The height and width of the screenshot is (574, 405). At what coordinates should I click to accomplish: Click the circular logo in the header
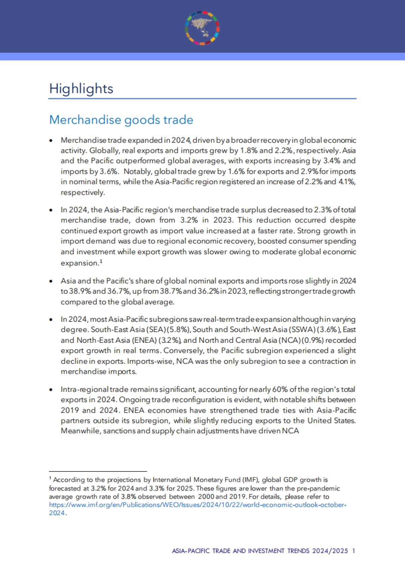(202, 28)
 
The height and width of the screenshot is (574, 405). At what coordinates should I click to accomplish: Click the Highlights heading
(81, 89)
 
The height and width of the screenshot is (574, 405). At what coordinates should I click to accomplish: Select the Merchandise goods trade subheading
(121, 120)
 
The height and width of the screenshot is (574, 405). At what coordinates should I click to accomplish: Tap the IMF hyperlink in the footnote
(197, 505)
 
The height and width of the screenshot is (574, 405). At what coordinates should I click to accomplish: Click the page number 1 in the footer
(353, 551)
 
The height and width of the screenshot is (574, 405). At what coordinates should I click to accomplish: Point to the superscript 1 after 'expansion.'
(101, 261)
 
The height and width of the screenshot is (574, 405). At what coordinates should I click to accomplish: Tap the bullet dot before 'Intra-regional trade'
(51, 389)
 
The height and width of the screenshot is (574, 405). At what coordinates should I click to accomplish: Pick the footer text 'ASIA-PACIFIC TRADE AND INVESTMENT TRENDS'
(241, 551)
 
